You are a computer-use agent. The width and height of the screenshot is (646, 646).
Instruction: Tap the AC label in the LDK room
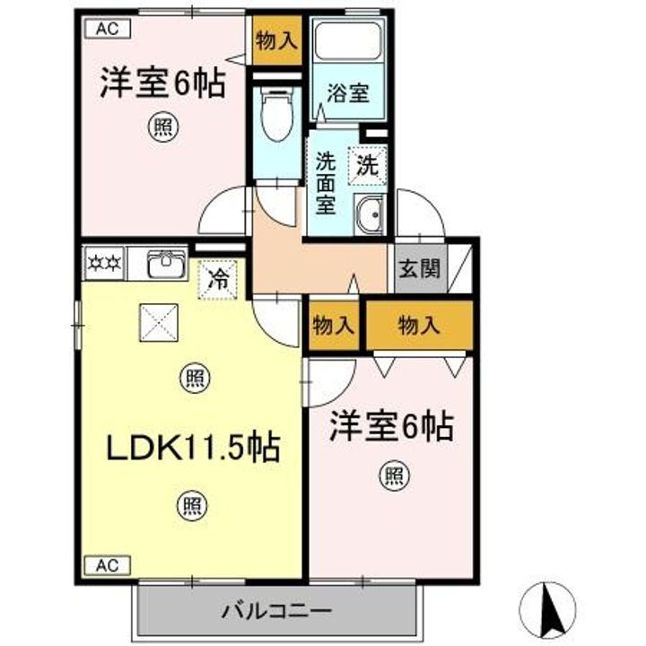coord(108,565)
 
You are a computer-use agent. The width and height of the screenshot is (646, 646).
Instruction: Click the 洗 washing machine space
coord(368,164)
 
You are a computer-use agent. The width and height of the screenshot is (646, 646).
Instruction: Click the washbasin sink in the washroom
coord(369,215)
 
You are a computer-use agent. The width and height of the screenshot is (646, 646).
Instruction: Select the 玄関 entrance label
coord(420,267)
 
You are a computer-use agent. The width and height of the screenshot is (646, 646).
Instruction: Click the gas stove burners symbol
coord(104,265)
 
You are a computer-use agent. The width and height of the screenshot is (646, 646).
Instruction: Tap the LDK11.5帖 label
coord(192,445)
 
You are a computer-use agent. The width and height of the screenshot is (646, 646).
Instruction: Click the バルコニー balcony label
coord(277,613)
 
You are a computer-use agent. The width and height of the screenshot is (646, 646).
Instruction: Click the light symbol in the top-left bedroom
coord(161,128)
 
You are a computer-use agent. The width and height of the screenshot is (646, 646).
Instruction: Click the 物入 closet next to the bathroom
coord(275,39)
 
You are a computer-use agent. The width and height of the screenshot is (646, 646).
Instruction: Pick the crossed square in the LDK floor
coord(158,322)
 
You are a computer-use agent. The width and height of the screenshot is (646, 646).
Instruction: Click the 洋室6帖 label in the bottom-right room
coord(390,426)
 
